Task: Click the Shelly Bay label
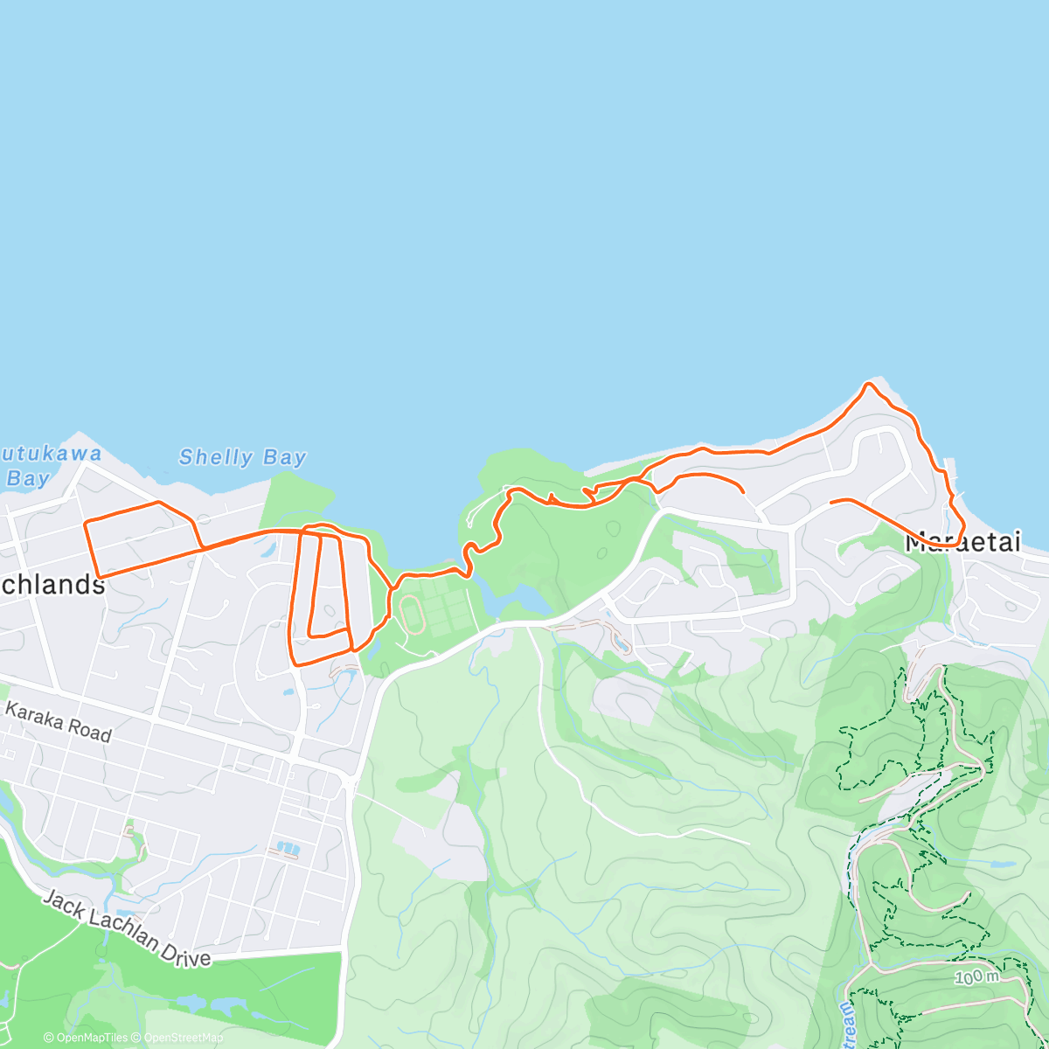coord(242,457)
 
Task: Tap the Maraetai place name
coord(962,543)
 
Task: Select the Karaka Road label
coord(59,721)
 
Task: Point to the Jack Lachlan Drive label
coord(127,928)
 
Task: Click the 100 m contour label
coord(977,976)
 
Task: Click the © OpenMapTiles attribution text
coord(86,1038)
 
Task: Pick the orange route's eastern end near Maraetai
coord(831,501)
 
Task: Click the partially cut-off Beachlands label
coord(52,585)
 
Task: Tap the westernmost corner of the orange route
coord(86,523)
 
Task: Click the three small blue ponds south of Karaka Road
coord(286,848)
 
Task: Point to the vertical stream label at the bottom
coord(847,1018)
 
